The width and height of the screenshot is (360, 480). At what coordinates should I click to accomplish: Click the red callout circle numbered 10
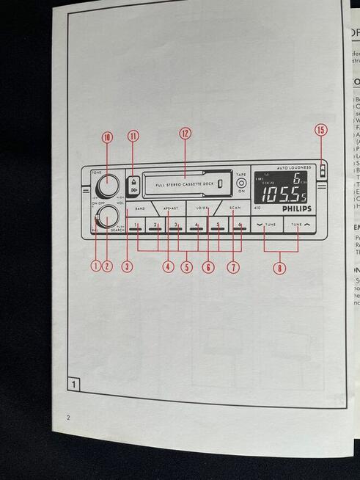(107, 137)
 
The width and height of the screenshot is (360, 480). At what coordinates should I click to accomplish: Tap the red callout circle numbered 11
(133, 135)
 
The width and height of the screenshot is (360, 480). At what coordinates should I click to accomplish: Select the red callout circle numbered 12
(185, 133)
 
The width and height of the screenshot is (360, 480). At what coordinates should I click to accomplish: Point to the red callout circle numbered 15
(320, 130)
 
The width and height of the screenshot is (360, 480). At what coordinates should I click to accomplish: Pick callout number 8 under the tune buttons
(279, 268)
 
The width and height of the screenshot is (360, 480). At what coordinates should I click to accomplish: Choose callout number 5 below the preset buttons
(188, 267)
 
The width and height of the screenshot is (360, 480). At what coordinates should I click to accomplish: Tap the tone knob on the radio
(107, 183)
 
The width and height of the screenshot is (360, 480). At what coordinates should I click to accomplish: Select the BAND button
(139, 208)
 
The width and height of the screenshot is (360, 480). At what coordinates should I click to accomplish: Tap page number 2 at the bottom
(67, 418)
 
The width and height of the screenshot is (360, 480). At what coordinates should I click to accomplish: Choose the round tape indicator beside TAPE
(240, 183)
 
